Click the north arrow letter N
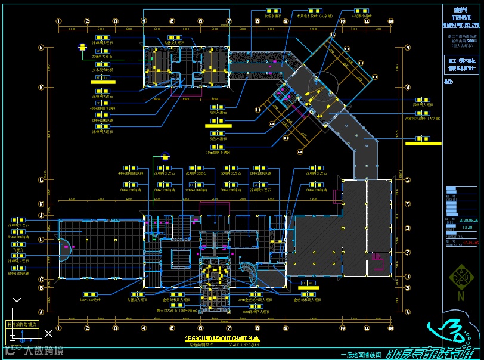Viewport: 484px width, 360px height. pyautogui.click(x=461, y=295)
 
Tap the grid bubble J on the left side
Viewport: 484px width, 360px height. pyautogui.click(x=41, y=215)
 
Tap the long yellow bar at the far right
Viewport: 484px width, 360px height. pyautogui.click(x=423, y=143)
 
